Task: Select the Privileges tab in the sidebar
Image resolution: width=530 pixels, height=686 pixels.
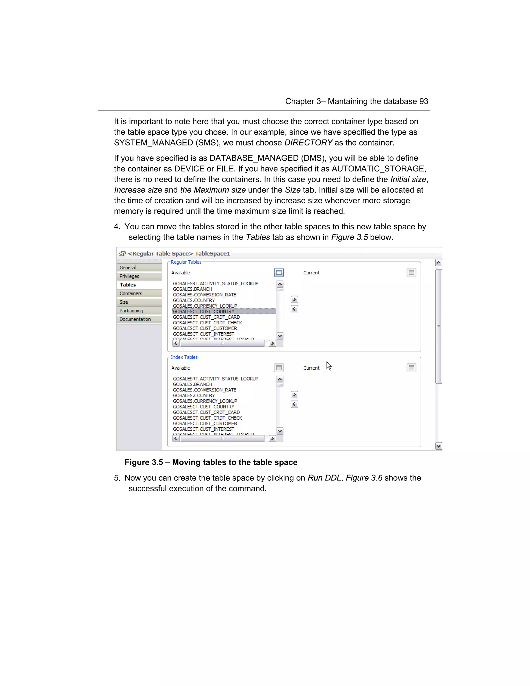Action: coord(129,276)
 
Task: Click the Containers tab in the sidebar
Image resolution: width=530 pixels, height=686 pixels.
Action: coord(131,293)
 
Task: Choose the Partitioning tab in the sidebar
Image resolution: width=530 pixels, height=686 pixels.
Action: coord(131,311)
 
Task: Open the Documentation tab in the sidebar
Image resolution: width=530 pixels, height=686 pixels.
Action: coord(135,319)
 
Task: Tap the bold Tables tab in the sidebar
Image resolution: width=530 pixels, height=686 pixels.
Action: coord(128,284)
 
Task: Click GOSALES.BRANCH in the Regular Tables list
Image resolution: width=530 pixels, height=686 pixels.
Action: coord(192,289)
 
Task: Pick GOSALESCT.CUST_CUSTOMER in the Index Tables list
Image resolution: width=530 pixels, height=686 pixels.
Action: coord(205,424)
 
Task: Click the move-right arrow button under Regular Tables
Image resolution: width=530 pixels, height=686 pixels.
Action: coord(294,299)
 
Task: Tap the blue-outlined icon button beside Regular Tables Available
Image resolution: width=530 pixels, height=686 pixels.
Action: coord(279,272)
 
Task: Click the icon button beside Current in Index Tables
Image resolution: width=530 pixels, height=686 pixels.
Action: coord(411,368)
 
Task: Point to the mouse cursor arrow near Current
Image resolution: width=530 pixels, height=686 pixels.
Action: coord(328,366)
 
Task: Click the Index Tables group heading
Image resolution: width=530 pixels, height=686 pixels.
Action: coord(184,357)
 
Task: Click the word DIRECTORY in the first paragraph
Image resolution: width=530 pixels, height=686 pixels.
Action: coord(308,143)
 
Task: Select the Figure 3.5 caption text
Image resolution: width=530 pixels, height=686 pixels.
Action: coord(211,462)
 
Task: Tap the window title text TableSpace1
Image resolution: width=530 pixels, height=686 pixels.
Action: coord(212,253)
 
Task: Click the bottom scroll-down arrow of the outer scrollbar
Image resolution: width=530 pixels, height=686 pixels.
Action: coord(439,446)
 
